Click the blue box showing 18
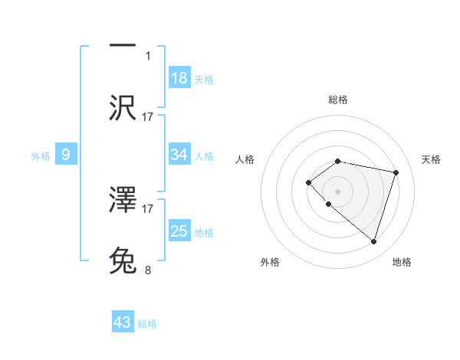click(179, 78)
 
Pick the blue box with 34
click(179, 155)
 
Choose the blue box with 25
click(179, 231)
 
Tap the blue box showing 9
click(66, 155)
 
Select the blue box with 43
click(123, 322)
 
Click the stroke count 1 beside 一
click(148, 56)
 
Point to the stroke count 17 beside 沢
click(148, 116)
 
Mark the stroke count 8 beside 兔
click(148, 270)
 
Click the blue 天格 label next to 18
click(204, 79)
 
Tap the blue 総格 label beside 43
click(147, 323)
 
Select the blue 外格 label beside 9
click(41, 155)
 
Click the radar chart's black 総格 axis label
click(338, 100)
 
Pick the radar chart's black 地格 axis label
click(402, 262)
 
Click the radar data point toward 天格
click(396, 172)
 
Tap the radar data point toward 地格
click(373, 241)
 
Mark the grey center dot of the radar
click(338, 191)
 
